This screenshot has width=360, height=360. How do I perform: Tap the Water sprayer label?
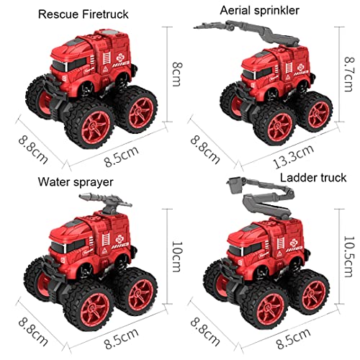77,181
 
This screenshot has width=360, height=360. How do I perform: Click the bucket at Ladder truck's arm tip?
234,189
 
